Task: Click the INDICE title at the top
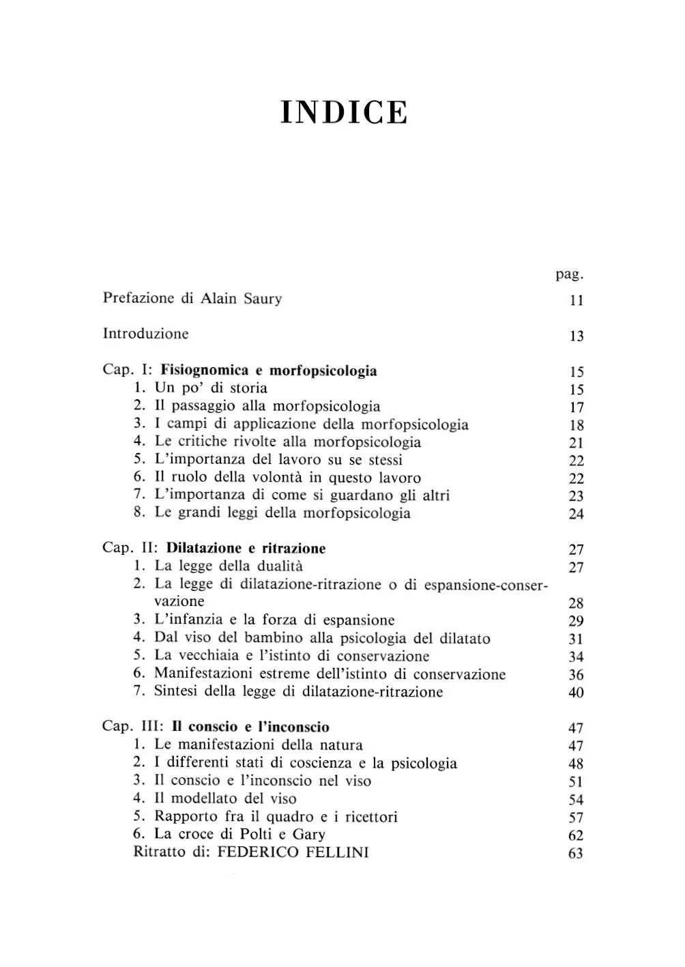[x=344, y=113]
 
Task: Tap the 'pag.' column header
[x=570, y=274]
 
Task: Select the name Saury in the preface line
[x=262, y=298]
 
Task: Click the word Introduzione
[x=145, y=334]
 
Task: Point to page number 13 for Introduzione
[x=576, y=336]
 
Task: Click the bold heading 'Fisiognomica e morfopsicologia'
[x=268, y=371]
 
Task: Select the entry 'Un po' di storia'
[x=210, y=388]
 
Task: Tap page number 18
[x=576, y=425]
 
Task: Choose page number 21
[x=576, y=443]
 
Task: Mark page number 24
[x=576, y=514]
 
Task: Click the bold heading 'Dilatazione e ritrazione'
[x=246, y=548]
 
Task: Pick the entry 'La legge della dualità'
[x=229, y=566]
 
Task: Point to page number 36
[x=576, y=675]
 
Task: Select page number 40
[x=576, y=693]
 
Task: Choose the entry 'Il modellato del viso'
[x=225, y=798]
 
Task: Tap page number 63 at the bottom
[x=576, y=853]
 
